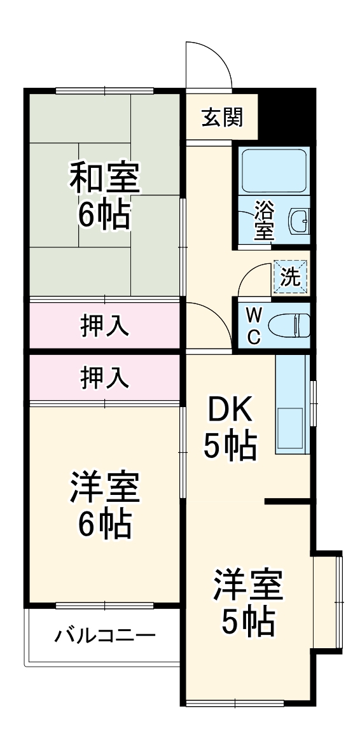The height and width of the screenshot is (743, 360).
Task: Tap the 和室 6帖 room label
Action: point(104,195)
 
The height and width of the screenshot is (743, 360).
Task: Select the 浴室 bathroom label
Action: point(264,220)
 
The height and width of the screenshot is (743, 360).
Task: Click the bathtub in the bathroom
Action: point(274,170)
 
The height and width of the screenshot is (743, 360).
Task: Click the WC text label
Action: point(254,325)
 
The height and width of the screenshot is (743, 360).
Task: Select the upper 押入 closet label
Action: point(105,325)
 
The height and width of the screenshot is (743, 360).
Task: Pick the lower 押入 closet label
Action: point(105,377)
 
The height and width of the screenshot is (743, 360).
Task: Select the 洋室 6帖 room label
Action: point(104,504)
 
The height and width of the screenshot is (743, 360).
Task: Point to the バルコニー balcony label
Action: point(104,635)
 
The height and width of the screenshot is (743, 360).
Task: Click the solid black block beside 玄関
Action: point(286,115)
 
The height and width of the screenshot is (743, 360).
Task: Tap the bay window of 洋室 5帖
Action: point(329,601)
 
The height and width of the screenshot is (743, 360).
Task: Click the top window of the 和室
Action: point(104,90)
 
